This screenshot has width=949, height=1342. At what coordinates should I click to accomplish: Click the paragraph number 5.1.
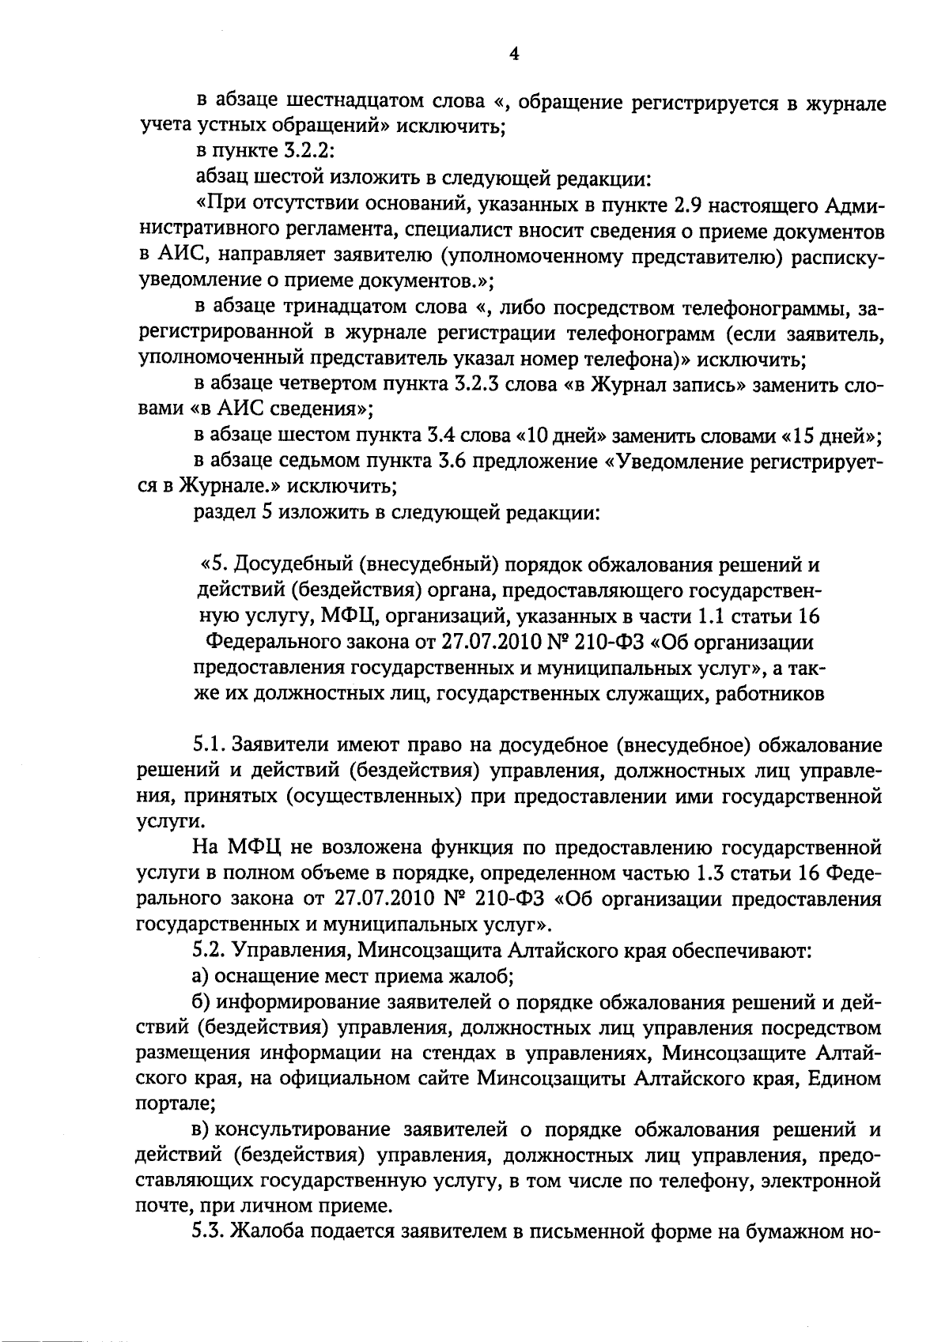[x=209, y=745]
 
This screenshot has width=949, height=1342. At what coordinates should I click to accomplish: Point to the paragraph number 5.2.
[x=209, y=951]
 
